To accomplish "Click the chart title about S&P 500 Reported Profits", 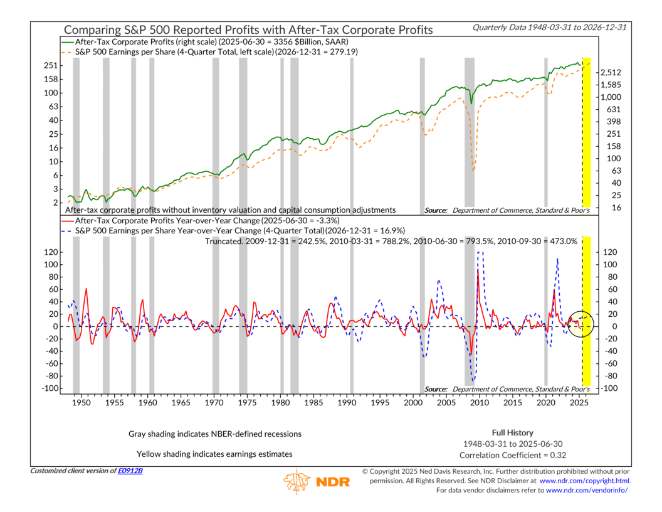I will (x=248, y=29).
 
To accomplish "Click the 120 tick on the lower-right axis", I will (x=611, y=252).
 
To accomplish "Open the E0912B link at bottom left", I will (x=130, y=471).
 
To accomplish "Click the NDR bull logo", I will (x=297, y=482).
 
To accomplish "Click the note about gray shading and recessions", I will (x=215, y=434).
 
